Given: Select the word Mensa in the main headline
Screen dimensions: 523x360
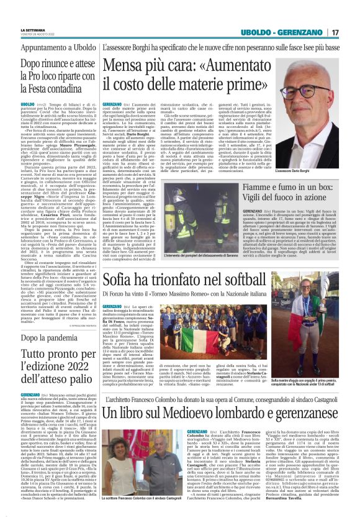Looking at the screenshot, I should [x=125, y=64].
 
